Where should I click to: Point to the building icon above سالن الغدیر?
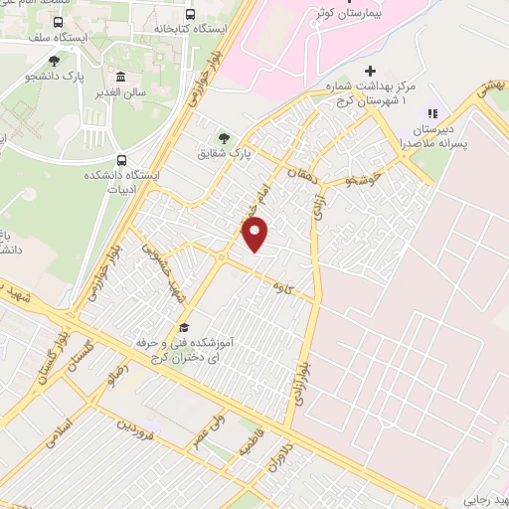(x=120, y=78)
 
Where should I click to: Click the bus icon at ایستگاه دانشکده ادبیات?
(x=121, y=158)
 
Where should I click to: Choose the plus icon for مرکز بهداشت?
(x=370, y=71)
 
